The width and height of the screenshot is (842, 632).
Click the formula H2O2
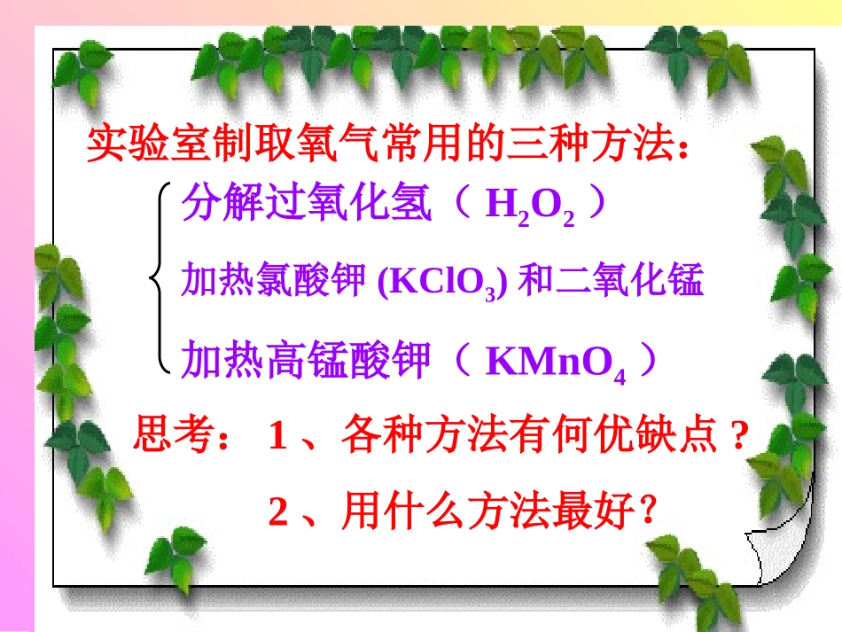pos(529,207)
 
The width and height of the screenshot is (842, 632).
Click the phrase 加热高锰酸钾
pos(307,361)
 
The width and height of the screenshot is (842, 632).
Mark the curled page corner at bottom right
pos(780,550)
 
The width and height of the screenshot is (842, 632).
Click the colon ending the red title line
pos(682,147)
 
